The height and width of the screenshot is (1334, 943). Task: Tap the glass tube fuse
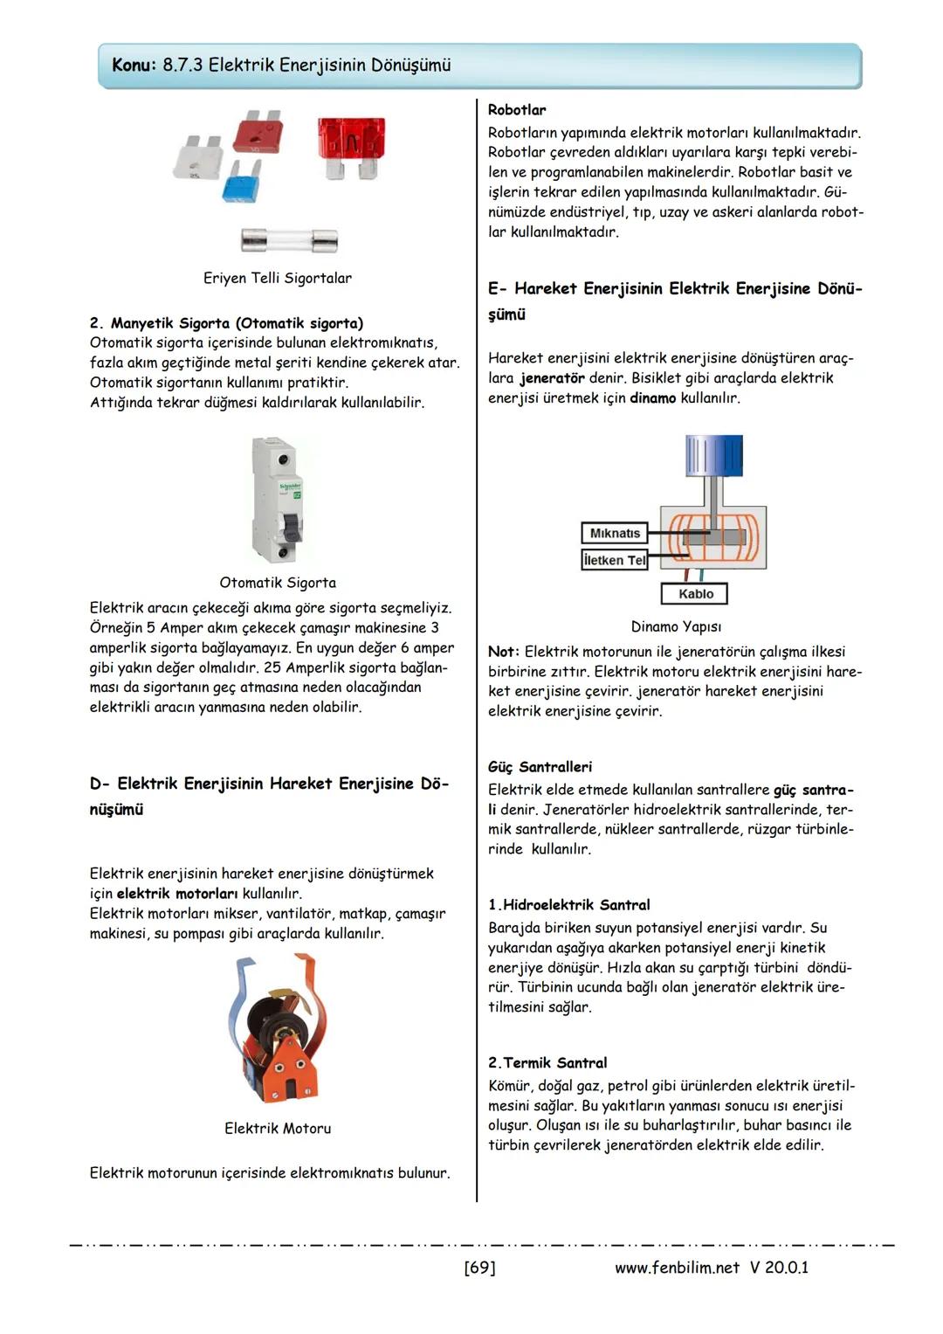[x=288, y=239]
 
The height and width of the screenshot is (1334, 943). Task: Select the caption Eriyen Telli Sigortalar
[x=278, y=278]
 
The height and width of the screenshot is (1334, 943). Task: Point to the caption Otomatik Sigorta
[x=278, y=583]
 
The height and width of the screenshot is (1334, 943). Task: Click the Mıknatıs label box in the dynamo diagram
[x=615, y=533]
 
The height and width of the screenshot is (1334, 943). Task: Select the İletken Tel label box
[x=615, y=560]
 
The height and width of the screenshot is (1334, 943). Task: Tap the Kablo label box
[x=696, y=594]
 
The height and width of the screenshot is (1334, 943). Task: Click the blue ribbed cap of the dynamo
[x=714, y=456]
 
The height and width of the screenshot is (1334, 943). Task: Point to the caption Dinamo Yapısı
[x=676, y=626]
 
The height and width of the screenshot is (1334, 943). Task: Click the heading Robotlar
[x=517, y=110]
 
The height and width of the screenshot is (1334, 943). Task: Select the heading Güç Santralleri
[x=540, y=767]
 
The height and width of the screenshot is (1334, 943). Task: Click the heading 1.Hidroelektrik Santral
[x=568, y=905]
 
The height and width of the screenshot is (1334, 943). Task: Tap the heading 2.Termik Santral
[x=547, y=1063]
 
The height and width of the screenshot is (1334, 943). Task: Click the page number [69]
[x=479, y=1268]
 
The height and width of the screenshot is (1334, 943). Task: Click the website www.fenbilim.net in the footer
[x=677, y=1268]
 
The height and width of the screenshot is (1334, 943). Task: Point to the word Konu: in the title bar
[x=134, y=66]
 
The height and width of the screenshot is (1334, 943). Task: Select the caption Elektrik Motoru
[x=278, y=1129]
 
